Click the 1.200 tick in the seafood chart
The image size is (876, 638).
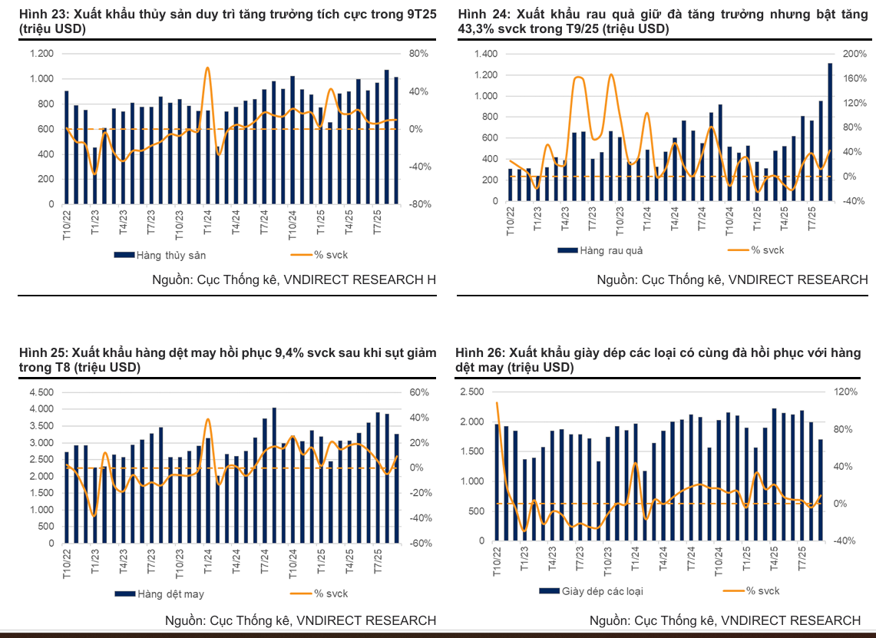[x=41, y=54]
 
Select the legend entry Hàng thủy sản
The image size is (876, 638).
[x=171, y=255]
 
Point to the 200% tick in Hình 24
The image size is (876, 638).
[x=855, y=54]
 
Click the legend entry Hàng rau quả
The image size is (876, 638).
[x=611, y=250]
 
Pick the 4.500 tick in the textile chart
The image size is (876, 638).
[x=41, y=392]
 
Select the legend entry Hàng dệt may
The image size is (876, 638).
[x=170, y=593]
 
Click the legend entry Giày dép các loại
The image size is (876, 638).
[x=602, y=591]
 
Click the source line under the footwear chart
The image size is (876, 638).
[x=725, y=620]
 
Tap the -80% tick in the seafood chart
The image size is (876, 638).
[x=418, y=204]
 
